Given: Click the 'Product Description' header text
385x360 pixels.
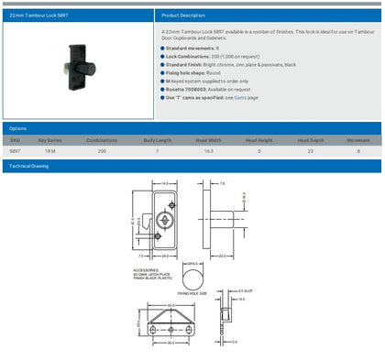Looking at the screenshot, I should [x=183, y=16].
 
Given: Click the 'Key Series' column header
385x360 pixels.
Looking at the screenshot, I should [x=49, y=140].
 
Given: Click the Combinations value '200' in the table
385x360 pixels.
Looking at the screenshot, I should [x=102, y=149].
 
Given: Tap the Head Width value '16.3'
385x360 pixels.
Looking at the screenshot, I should [x=209, y=149].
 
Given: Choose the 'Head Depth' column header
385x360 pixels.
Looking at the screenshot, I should [x=312, y=140].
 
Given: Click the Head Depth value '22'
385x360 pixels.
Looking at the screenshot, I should [x=311, y=149].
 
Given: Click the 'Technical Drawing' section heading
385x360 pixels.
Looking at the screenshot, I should [x=29, y=167].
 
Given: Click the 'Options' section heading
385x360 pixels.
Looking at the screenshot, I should [x=18, y=128].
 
